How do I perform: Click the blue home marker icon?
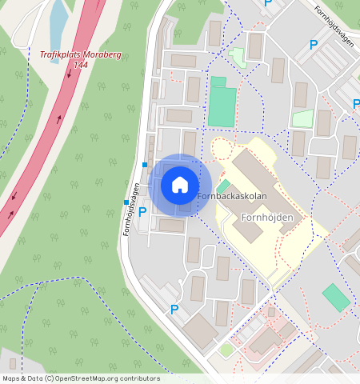180,185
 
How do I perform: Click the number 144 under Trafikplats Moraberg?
80,64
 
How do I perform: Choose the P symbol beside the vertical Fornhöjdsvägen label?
142,212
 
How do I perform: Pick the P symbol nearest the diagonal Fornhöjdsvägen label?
314,45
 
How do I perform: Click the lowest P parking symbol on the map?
174,310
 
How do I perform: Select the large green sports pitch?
222,107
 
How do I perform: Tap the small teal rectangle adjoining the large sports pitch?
218,82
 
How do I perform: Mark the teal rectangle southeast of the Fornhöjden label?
336,298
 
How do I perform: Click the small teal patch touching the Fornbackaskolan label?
222,186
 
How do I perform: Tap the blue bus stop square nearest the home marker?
145,165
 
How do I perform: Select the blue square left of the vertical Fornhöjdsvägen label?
126,202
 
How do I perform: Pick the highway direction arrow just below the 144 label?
70,74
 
